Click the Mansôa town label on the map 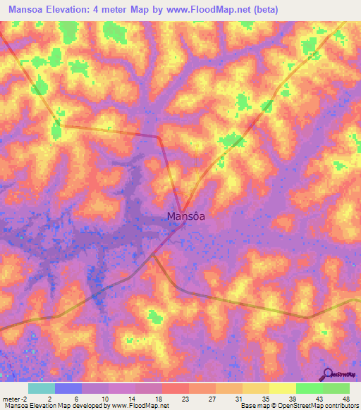coord(186,216)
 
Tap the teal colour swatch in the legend coord(42,388)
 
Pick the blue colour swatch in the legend coord(68,388)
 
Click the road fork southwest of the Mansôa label coord(153,256)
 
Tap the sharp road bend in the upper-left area coord(62,127)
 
